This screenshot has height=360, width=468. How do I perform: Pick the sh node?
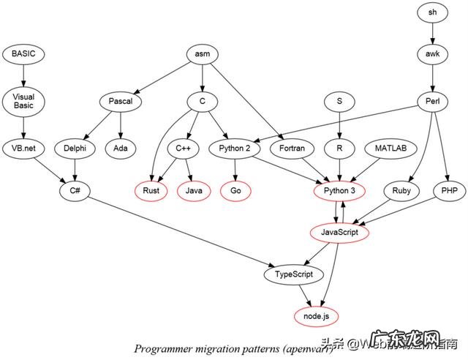[431, 12]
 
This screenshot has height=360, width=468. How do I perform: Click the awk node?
[431, 53]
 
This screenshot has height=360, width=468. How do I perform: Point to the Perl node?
[431, 101]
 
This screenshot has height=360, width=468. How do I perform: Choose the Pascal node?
[120, 101]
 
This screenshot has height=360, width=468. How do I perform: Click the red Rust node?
[152, 190]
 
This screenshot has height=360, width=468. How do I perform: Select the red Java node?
[194, 190]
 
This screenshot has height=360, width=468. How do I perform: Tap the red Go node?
[235, 190]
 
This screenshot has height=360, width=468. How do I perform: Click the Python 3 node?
[339, 190]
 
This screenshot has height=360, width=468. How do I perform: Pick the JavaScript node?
[339, 232]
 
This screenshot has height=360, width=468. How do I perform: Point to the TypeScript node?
[292, 274]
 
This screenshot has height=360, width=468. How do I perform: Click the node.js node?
[316, 316]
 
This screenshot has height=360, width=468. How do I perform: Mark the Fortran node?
[292, 148]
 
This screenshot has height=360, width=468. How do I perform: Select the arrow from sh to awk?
[431, 32]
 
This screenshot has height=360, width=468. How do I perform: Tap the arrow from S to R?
[339, 124]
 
